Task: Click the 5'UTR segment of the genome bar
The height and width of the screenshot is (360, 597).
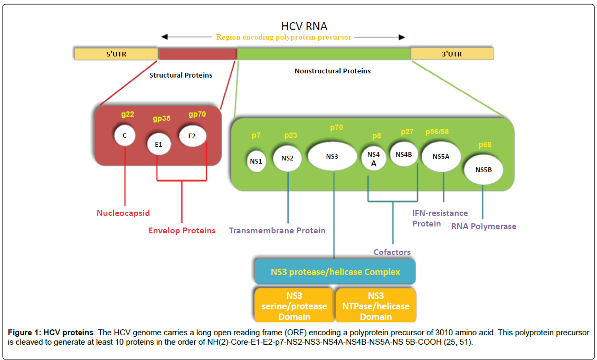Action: [x=116, y=54]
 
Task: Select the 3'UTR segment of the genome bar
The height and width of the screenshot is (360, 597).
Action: [x=452, y=54]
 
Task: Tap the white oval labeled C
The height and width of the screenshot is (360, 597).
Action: [x=125, y=136]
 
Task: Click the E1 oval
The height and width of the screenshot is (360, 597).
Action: [x=159, y=144]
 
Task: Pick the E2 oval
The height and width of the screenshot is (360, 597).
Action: [x=192, y=136]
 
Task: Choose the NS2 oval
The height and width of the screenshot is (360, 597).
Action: [x=287, y=158]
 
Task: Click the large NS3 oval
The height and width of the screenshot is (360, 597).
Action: [x=332, y=156]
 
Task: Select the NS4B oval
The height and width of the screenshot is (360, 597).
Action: [x=404, y=155]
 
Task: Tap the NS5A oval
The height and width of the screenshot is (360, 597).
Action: [x=441, y=157]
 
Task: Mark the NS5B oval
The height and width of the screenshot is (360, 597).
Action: [x=483, y=170]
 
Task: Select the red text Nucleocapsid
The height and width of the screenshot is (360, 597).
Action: [x=123, y=213]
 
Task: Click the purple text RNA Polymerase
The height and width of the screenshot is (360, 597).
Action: [x=484, y=226]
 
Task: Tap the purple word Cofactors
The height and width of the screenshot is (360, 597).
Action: [x=392, y=252]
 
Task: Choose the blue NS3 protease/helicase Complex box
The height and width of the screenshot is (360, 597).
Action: [x=335, y=272]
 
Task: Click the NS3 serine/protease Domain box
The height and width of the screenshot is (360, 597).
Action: [x=294, y=306]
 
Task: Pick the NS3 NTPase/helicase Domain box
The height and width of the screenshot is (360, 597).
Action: [x=376, y=306]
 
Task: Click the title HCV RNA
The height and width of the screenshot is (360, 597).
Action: [x=305, y=26]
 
